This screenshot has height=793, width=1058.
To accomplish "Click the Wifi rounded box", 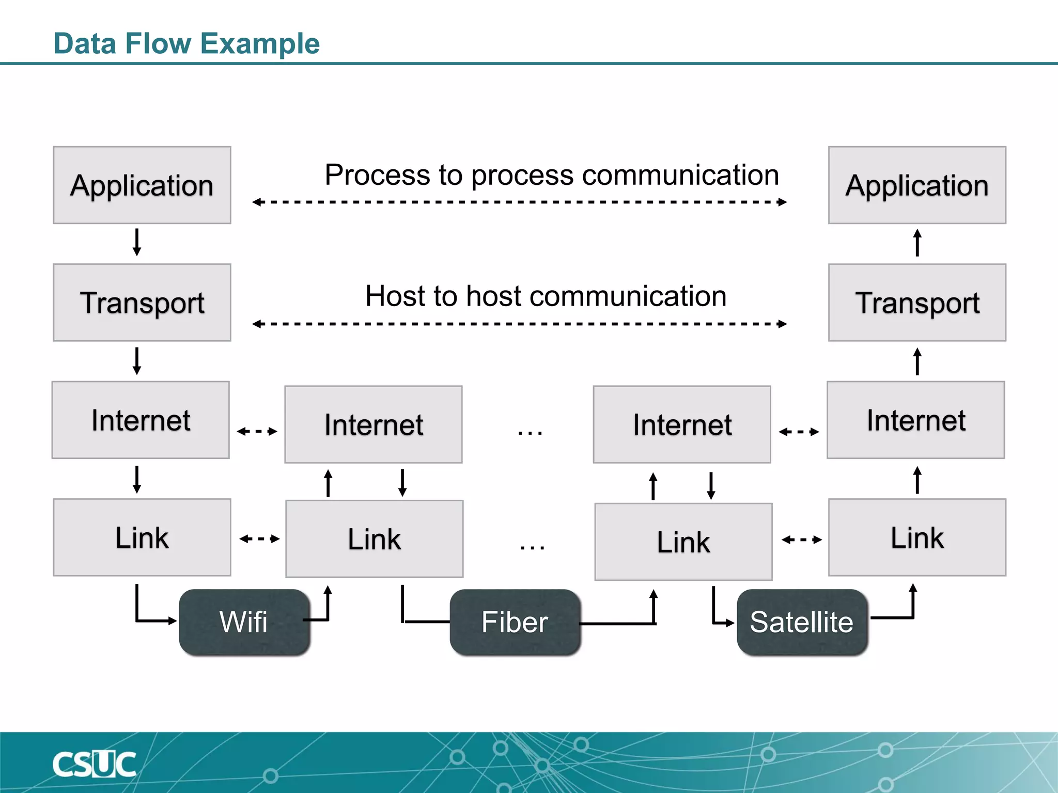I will pyautogui.click(x=244, y=622).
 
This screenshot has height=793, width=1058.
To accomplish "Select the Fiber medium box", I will pyautogui.click(x=515, y=622).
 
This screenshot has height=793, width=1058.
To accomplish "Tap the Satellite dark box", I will pyautogui.click(x=802, y=622).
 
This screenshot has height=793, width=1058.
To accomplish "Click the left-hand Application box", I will pyautogui.click(x=142, y=185).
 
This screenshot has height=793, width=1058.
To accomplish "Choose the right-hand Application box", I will pyautogui.click(x=917, y=185).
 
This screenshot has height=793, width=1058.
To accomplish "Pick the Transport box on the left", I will pyautogui.click(x=142, y=303).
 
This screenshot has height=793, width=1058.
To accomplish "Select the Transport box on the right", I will pyautogui.click(x=917, y=303).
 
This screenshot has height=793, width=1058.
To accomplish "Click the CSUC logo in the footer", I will pyautogui.click(x=95, y=765).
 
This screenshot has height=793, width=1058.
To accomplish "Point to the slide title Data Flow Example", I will pyautogui.click(x=186, y=43).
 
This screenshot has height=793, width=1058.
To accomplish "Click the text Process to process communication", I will pyautogui.click(x=552, y=175).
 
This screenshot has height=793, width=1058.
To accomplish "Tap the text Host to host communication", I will pyautogui.click(x=546, y=296).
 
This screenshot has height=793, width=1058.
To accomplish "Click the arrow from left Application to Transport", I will pyautogui.click(x=137, y=243).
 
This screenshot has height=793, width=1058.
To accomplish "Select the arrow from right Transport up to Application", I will pyautogui.click(x=917, y=243).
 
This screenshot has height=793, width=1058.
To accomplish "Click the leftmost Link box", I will pyautogui.click(x=142, y=537).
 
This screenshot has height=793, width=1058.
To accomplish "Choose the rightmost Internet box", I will pyautogui.click(x=915, y=420).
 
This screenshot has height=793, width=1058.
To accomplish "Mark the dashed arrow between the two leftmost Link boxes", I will pyautogui.click(x=259, y=539).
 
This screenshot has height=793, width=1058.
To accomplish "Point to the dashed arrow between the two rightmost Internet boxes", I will pyautogui.click(x=799, y=432).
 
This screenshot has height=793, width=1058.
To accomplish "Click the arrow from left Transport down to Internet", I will pyautogui.click(x=137, y=361).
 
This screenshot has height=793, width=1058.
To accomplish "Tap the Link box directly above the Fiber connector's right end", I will pyautogui.click(x=683, y=542).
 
